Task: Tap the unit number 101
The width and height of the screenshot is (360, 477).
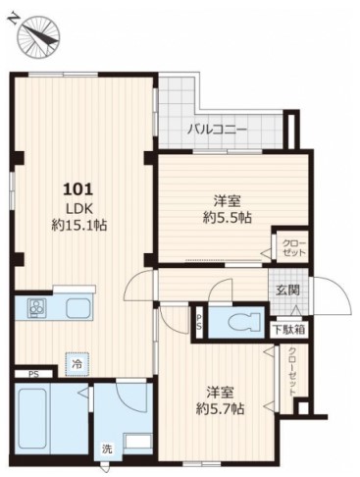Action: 78,189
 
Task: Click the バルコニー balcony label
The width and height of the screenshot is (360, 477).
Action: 217,130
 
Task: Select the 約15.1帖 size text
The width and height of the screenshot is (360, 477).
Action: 79,225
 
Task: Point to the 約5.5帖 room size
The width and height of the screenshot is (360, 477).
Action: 228,217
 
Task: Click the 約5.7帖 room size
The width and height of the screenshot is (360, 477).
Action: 220,408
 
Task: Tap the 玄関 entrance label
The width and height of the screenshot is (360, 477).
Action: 287,290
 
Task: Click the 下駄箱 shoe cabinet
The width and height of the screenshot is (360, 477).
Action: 289,330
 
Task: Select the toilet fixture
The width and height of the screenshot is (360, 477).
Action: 245,322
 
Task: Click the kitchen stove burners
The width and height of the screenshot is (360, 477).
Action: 36,307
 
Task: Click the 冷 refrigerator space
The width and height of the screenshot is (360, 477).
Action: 77,364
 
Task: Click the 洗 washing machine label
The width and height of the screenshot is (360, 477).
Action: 107,450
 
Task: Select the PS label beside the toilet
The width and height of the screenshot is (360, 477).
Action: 199,323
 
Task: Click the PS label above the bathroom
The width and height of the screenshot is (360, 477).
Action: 33,374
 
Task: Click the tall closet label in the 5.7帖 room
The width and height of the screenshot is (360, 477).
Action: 292,371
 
